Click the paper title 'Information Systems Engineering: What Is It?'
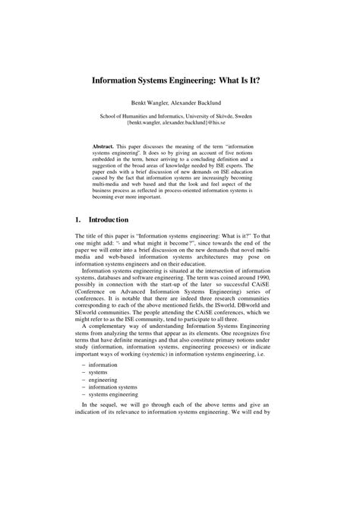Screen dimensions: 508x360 [180, 77]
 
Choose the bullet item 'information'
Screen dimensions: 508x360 [103, 365]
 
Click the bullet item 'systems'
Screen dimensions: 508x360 [99, 375]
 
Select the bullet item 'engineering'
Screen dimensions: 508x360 [103, 385]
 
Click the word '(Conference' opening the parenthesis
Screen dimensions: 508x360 [93, 295]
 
